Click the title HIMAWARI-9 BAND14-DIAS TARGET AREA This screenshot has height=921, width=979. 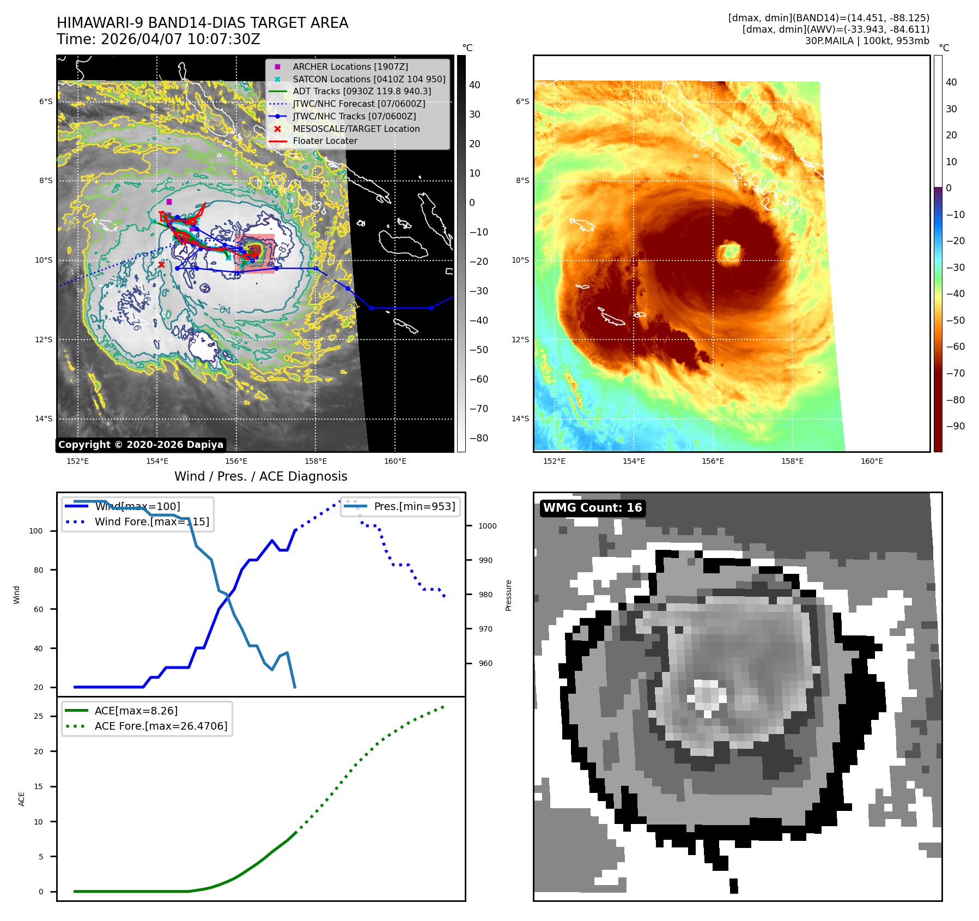[x=202, y=23]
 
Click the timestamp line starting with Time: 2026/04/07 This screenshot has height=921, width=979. [x=158, y=39]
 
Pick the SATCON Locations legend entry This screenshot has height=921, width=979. [x=368, y=79]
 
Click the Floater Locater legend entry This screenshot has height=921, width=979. [x=325, y=141]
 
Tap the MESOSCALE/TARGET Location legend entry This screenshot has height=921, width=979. [x=356, y=129]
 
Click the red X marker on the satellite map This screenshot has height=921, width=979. [x=161, y=264]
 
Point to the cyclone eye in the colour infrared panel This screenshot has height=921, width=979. [x=728, y=252]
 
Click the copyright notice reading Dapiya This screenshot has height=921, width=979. [x=141, y=445]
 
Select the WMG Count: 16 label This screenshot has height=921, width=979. [x=592, y=508]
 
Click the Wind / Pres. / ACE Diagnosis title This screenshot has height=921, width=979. [x=260, y=476]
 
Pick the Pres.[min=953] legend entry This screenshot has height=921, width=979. [x=414, y=506]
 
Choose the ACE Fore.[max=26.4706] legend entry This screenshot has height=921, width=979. [x=161, y=726]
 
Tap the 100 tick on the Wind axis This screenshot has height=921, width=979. [x=36, y=531]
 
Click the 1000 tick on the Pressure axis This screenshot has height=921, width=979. [x=488, y=526]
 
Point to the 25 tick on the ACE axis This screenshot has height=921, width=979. [x=38, y=716]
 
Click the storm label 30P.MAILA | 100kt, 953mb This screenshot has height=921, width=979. [x=867, y=41]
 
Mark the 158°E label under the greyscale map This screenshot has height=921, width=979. [x=315, y=461]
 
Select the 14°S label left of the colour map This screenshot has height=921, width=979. [x=520, y=419]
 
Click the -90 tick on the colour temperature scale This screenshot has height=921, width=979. [x=955, y=426]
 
